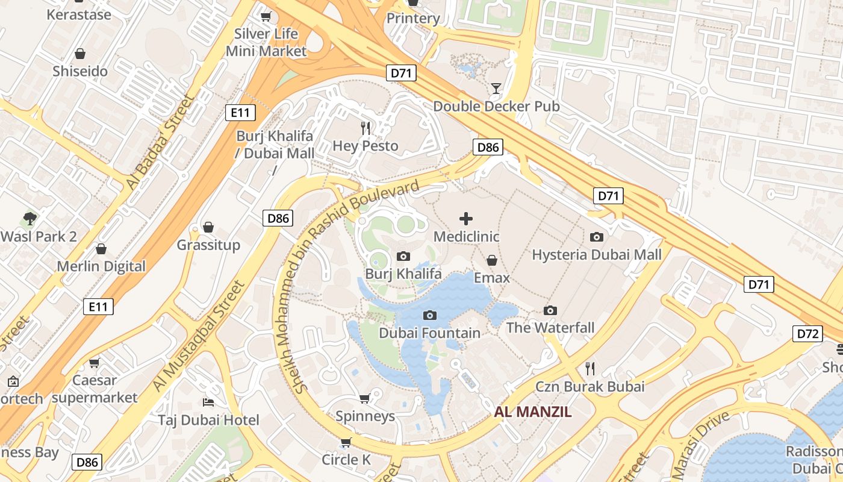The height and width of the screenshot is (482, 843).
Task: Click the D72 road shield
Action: pyautogui.click(x=807, y=334)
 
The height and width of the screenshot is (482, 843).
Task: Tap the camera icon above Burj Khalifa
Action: pyautogui.click(x=403, y=257)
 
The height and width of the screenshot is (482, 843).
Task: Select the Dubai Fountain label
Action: pyautogui.click(x=429, y=333)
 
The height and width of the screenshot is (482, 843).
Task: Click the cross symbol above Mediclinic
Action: pyautogui.click(x=466, y=219)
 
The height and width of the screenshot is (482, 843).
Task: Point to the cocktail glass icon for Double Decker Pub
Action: pyautogui.click(x=496, y=89)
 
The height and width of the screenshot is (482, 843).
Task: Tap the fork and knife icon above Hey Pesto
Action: pyautogui.click(x=365, y=128)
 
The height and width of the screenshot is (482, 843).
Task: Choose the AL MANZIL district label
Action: pyautogui.click(x=532, y=412)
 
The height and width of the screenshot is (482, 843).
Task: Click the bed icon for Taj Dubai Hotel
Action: pyautogui.click(x=208, y=402)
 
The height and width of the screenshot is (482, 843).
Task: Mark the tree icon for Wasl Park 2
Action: pyautogui.click(x=30, y=218)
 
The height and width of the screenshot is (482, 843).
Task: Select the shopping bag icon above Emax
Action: pyautogui.click(x=492, y=260)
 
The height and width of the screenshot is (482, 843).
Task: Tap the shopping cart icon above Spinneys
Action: pyautogui.click(x=364, y=398)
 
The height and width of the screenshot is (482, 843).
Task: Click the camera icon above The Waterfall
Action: pyautogui.click(x=550, y=310)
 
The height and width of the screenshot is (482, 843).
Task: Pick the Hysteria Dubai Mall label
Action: pyautogui.click(x=596, y=254)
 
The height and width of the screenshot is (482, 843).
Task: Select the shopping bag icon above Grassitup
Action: pyautogui.click(x=208, y=227)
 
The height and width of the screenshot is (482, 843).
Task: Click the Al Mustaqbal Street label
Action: pyautogui.click(x=199, y=335)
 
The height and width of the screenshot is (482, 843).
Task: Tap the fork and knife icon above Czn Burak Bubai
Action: pyautogui.click(x=590, y=368)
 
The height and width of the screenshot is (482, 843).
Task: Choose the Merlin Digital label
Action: pyautogui.click(x=101, y=266)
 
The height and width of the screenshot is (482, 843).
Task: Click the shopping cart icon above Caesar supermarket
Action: pyautogui.click(x=94, y=363)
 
